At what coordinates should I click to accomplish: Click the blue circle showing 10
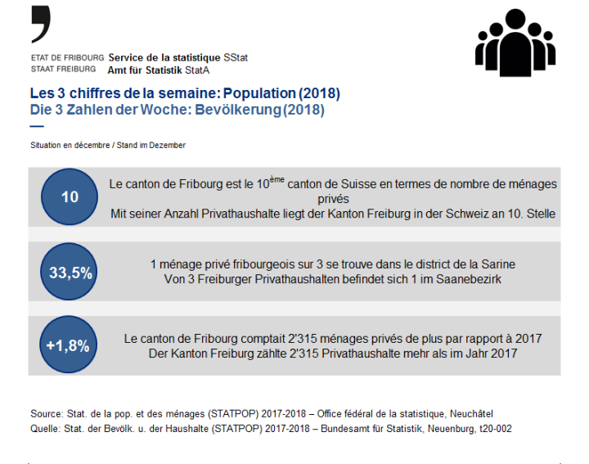(70, 197)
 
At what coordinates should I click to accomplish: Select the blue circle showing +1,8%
(70, 345)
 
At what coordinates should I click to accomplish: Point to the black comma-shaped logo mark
(40, 24)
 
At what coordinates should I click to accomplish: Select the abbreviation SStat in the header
(235, 58)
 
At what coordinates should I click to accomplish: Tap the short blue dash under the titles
(36, 125)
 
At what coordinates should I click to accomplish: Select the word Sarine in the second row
(497, 265)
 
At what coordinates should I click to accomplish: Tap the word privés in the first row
(333, 199)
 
